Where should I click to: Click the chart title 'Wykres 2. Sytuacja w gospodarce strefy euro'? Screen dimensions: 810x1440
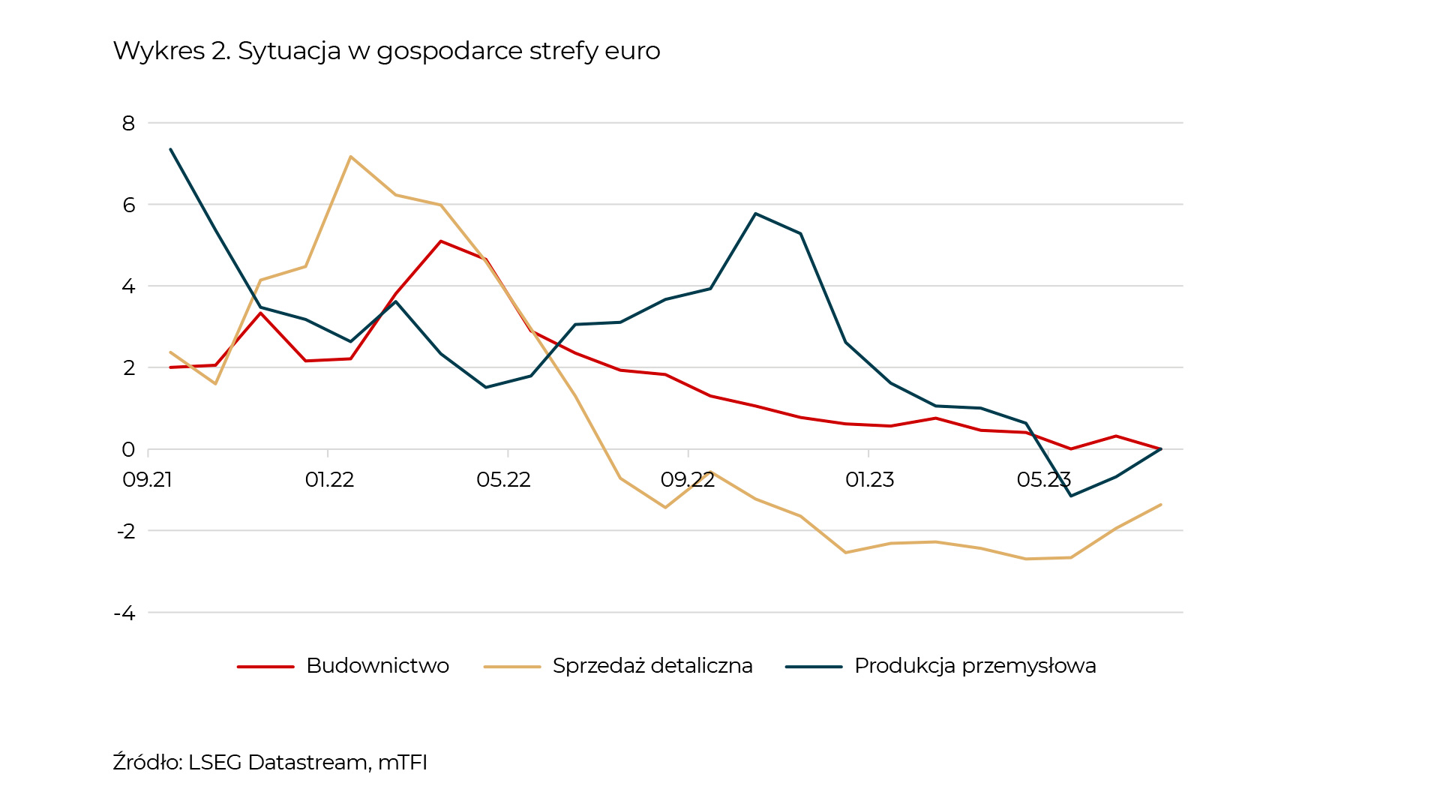pos(386,51)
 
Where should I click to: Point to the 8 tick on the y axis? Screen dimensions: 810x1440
pos(129,123)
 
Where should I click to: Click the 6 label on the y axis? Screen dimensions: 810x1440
pos(129,205)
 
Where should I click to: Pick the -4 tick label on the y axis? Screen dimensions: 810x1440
pos(124,613)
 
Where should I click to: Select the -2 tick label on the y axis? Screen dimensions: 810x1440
pos(125,532)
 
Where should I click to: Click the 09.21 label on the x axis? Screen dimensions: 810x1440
pos(148,480)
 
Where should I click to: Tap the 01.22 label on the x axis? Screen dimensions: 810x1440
pos(329,480)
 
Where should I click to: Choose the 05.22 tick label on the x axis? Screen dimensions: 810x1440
pos(504,480)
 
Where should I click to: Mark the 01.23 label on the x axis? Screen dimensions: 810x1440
pos(870,480)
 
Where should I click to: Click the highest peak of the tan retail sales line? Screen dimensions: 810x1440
pos(350,157)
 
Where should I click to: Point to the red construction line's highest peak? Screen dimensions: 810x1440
pos(441,241)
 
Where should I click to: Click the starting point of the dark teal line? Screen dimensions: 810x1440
pos(171,149)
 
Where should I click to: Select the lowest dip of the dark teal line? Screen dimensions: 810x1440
pos(1070,496)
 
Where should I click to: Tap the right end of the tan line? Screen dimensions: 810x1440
pos(1160,505)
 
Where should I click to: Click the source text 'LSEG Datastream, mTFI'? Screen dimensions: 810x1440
pos(307,763)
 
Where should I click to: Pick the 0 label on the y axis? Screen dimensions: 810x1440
pos(129,450)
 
